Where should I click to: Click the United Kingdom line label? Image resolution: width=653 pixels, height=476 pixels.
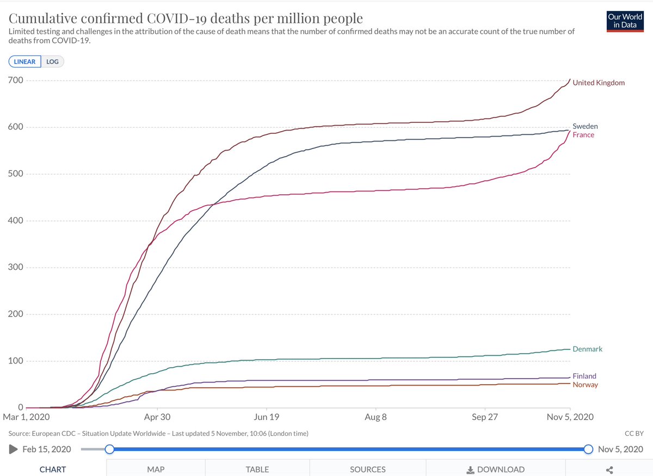click(x=599, y=83)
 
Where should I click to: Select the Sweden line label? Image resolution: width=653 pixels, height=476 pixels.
click(x=585, y=126)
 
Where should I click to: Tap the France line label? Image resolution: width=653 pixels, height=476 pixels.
click(x=583, y=135)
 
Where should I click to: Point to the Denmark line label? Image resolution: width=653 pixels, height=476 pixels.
click(x=587, y=349)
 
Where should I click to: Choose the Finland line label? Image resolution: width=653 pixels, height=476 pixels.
click(x=584, y=376)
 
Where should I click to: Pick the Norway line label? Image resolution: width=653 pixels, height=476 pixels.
click(x=585, y=385)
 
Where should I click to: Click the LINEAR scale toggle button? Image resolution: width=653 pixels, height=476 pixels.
click(x=24, y=61)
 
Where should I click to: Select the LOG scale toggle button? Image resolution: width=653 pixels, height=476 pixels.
click(x=52, y=61)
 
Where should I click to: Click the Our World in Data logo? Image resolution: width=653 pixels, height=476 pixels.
click(x=625, y=22)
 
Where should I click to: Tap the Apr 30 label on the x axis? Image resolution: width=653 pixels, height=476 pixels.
click(x=157, y=417)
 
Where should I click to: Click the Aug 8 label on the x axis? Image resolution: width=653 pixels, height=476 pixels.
click(x=376, y=417)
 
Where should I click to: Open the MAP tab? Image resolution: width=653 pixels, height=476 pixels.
click(x=156, y=469)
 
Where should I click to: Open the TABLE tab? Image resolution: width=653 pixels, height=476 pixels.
click(x=257, y=469)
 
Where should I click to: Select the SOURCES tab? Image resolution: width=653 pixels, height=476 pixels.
click(x=368, y=469)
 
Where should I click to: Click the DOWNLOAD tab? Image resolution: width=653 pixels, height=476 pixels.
click(x=496, y=469)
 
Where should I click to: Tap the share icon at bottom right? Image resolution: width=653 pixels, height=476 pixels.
click(x=609, y=470)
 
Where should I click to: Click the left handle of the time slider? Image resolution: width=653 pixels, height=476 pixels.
click(x=109, y=449)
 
